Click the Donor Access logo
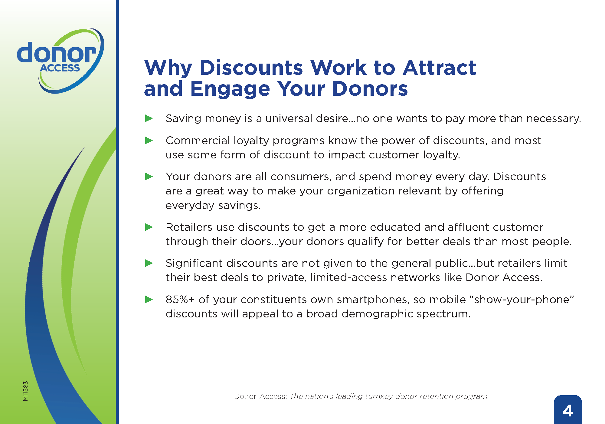click(x=60, y=61)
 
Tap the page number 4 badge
click(x=567, y=410)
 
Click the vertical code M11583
click(x=25, y=391)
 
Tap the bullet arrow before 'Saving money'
click(x=149, y=118)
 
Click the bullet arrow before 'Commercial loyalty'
click(x=149, y=141)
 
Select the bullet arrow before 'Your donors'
click(x=149, y=177)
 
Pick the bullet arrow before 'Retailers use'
click(x=149, y=227)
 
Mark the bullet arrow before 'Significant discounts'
click(x=149, y=263)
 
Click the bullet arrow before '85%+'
click(x=149, y=300)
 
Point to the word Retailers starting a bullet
click(x=189, y=227)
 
